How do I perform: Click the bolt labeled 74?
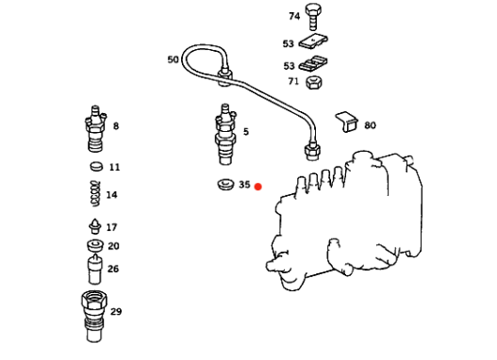pos(313,16)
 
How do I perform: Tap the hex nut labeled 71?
pos(314,82)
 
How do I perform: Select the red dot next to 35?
pos(258,187)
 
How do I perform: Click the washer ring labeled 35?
pos(225,185)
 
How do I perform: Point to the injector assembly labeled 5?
pos(225,134)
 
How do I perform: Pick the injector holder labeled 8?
pos(95,129)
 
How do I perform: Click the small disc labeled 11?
pos(97,167)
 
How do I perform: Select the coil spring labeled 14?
pos(95,194)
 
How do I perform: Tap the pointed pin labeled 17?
pos(94,226)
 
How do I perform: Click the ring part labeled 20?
pos(95,245)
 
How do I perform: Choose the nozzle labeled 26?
pos(95,270)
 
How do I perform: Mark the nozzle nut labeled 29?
pos(94,317)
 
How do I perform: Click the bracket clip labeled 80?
pos(347,122)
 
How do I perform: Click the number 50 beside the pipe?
pos(174,59)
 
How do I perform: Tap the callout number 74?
pos(294,16)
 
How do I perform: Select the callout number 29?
pos(116,312)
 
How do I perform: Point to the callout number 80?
pos(370,125)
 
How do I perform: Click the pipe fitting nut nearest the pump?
pos(312,153)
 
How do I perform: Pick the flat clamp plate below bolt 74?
pos(313,41)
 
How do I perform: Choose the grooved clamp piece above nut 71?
pos(313,64)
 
